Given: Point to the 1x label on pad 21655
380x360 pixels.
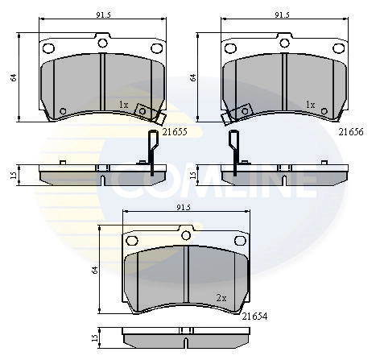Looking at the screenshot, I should coord(123,105).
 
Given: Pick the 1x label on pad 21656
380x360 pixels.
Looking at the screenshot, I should coord(310,105).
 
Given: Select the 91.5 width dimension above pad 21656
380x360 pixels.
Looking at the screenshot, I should coord(281,14).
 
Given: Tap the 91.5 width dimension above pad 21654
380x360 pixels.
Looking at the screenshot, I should coord(182,207).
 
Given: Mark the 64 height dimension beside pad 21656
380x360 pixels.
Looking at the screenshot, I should coord(194,77).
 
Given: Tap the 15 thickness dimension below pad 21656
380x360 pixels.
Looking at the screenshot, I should coord(194,175).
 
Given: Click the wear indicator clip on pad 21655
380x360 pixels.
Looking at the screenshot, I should coord(145,113).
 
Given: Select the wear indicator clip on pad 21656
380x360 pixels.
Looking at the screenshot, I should coord(234,114).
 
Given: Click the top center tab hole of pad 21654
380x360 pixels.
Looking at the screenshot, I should coord(186,234).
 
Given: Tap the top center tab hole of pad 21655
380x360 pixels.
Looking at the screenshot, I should coord(102,40).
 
